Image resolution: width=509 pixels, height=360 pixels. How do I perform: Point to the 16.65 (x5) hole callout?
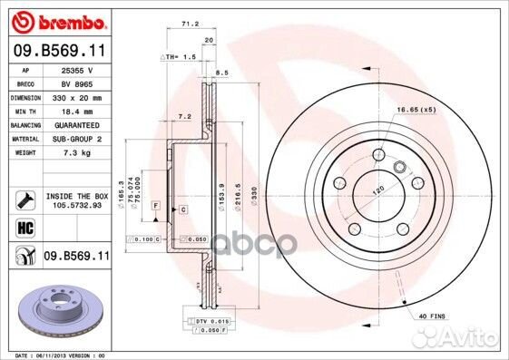(416, 109)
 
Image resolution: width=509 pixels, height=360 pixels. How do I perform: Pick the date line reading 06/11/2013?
(61, 355)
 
